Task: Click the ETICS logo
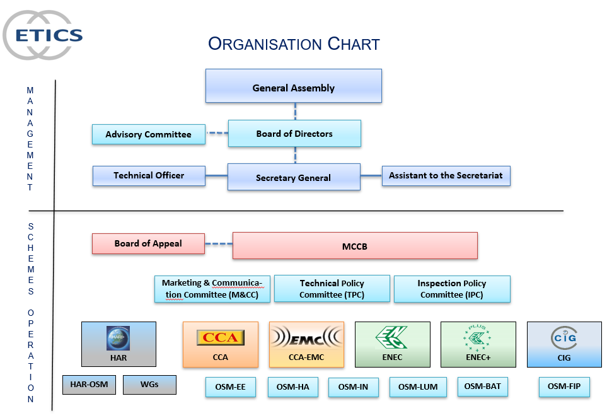pos(43,35)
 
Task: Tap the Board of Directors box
pos(294,134)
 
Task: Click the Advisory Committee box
pos(148,134)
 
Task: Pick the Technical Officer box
pos(149,176)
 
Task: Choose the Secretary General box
pos(294,177)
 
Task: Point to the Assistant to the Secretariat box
pos(446,176)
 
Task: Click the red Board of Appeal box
pos(148,244)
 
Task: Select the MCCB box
pos(355,246)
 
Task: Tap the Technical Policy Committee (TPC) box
pos(332,289)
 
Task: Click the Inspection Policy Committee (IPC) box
pos(452,289)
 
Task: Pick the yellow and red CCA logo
pos(220,337)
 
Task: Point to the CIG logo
pos(564,337)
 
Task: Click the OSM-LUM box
pos(417,386)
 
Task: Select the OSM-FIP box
pos(564,386)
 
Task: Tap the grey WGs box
pos(149,384)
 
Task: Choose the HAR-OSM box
pos(89,384)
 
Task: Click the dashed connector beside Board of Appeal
pos(219,244)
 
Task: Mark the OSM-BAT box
pos(482,386)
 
